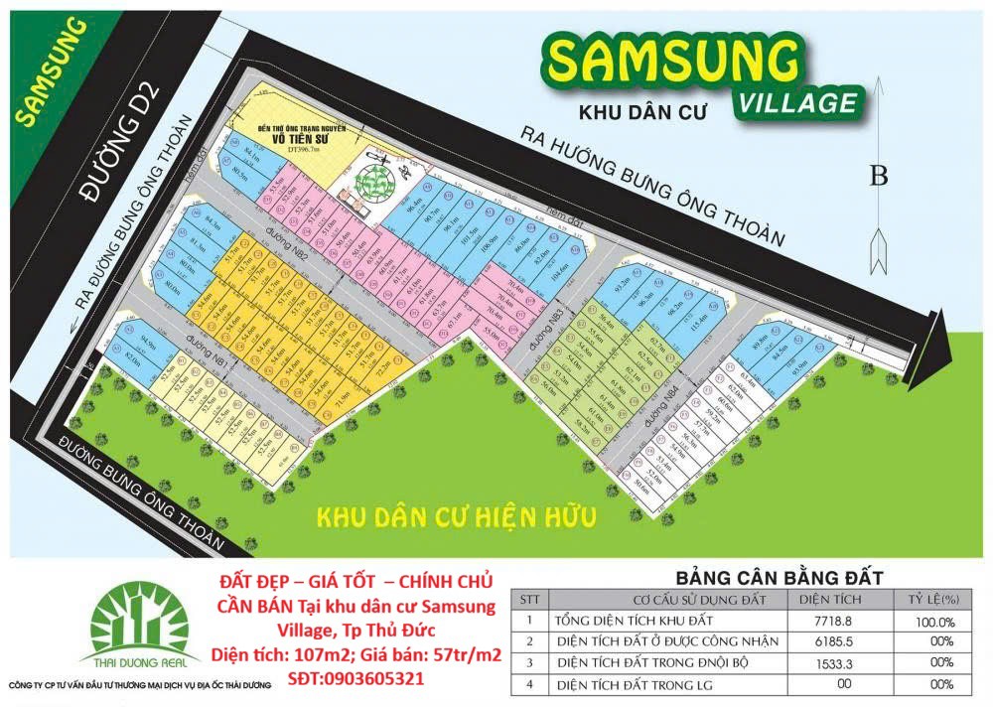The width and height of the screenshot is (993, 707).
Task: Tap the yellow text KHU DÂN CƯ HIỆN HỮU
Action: point(455,517)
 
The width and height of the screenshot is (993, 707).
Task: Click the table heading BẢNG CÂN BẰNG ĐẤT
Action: point(780,577)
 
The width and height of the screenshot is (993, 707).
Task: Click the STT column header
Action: point(532,599)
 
